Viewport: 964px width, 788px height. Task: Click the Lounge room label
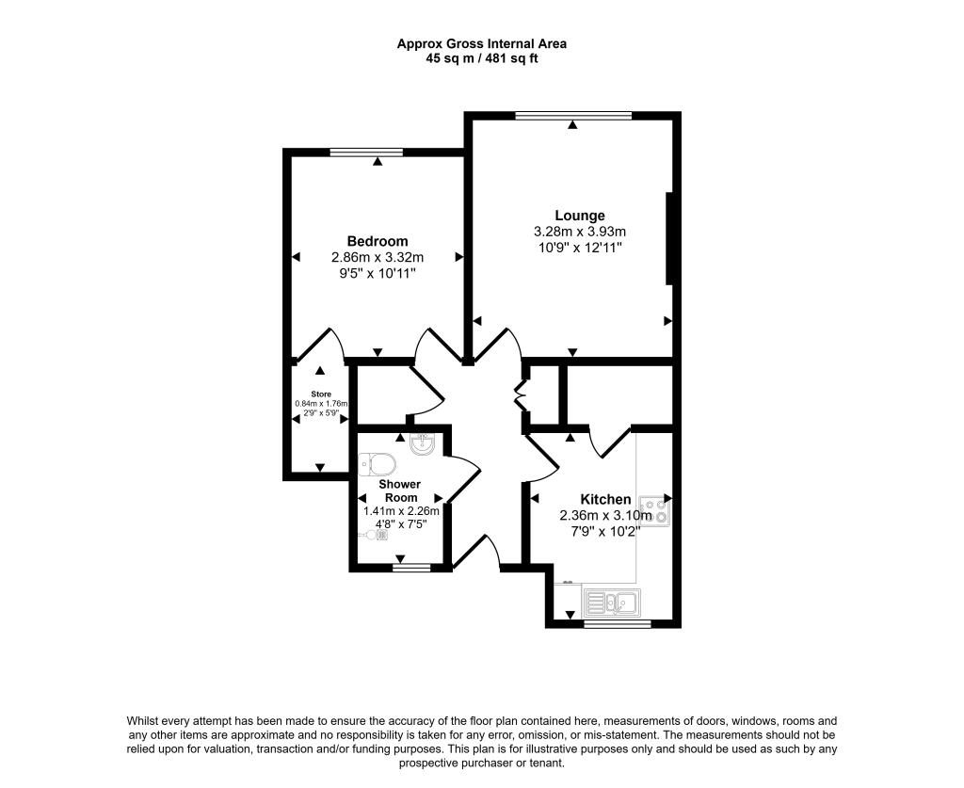580,216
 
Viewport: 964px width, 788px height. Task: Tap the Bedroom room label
378,241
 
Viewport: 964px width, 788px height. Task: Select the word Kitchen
605,499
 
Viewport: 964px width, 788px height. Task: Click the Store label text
321,394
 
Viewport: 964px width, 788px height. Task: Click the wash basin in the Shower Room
424,443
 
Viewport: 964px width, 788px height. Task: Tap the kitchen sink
612,602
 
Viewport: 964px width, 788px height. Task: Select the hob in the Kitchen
655,510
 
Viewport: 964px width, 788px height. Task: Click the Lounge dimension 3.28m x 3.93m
580,232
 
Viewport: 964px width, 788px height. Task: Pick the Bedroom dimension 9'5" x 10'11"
378,272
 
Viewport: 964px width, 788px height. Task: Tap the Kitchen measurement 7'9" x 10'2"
605,530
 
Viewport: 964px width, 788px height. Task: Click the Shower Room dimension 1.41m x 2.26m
401,511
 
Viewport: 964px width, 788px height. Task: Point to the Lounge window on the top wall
573,114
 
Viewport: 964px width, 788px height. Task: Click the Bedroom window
366,152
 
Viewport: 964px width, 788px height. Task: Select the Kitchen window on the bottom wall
617,624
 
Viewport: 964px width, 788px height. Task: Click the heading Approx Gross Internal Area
481,43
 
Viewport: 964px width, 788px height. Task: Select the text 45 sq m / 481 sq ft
481,59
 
